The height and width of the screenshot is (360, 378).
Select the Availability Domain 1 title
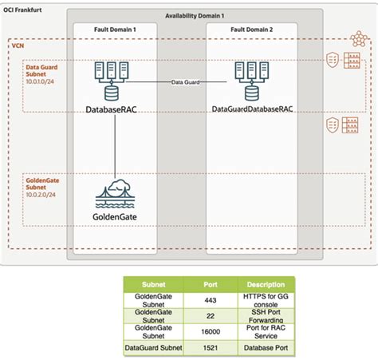195,16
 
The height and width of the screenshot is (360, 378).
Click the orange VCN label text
17,47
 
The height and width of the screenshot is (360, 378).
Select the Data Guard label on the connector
186,82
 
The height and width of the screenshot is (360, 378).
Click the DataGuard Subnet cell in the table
152,348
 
